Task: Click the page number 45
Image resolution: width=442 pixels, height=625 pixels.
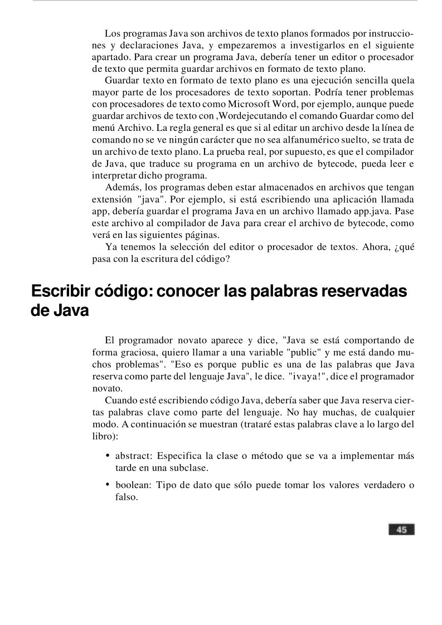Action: coord(401,530)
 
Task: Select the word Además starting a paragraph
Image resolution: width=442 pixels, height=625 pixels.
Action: coord(121,188)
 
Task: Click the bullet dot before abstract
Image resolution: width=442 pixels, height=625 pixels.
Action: coord(108,456)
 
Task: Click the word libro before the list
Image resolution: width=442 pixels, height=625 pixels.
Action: coord(103,436)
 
